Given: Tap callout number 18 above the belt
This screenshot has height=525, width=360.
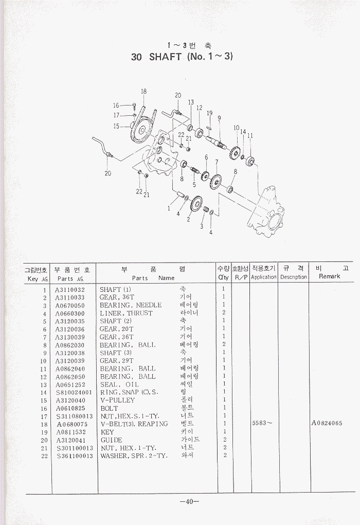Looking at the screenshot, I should tap(143, 92).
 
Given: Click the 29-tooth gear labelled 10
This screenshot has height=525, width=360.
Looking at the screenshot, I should tap(236, 152).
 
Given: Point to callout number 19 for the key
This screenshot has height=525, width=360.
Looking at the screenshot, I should tap(209, 113).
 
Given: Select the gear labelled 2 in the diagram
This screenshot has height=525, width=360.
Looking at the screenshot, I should tap(196, 205).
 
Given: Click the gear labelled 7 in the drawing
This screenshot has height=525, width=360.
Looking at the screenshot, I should tap(215, 182).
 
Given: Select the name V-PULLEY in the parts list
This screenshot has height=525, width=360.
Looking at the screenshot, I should tap(117, 400).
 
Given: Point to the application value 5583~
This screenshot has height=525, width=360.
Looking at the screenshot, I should tap(262, 424).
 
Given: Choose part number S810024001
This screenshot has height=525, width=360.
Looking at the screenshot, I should tap(74, 392).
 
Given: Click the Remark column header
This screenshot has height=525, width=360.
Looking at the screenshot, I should tap(329, 277).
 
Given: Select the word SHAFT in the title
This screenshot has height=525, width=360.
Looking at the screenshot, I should tap(165, 57).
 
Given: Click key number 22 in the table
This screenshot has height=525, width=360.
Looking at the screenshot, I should tap(45, 456).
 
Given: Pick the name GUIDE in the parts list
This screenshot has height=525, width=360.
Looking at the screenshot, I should tap(111, 440).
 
